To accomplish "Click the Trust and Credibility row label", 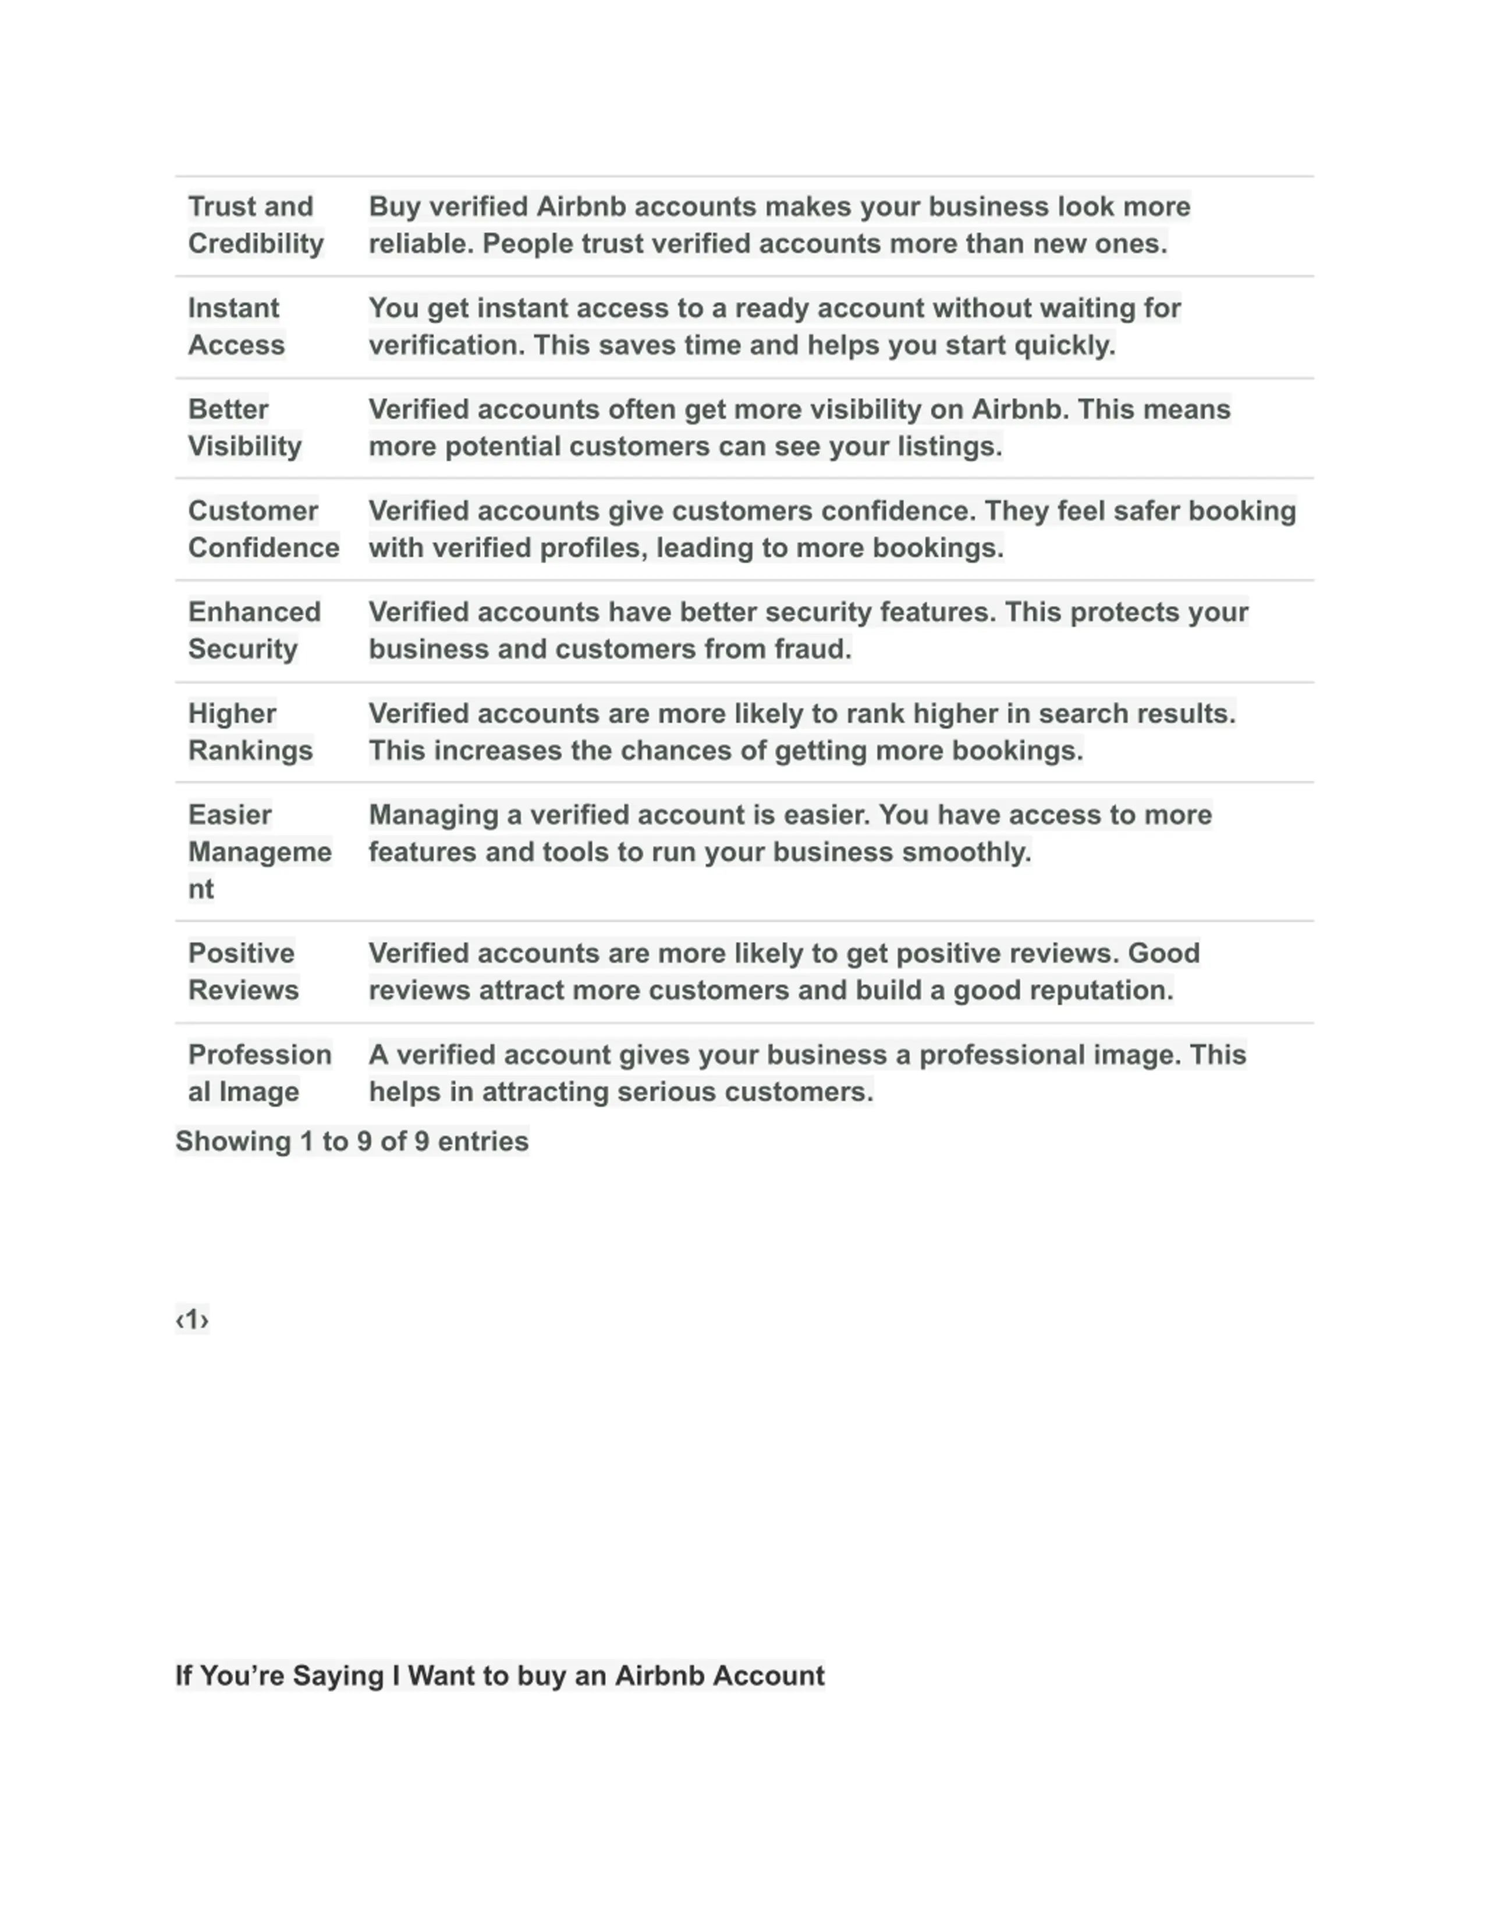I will (255, 225).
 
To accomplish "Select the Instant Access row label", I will (236, 326).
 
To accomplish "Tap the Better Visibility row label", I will (244, 428).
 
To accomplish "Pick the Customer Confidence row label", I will (263, 529).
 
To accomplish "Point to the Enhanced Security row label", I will (254, 631).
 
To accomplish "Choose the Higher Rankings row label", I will (250, 732).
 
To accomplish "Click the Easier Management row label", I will (260, 852).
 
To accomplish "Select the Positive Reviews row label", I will (243, 971).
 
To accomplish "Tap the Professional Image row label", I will (260, 1073).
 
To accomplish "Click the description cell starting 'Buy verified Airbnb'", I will (779, 225).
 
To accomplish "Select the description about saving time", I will (774, 326).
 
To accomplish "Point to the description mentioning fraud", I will (808, 631).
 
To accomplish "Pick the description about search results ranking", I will (801, 732).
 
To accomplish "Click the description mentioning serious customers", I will (807, 1073).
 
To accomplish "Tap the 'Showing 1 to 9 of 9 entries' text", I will (352, 1142).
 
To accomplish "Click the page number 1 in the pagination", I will (193, 1320).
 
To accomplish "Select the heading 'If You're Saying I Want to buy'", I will (499, 1676).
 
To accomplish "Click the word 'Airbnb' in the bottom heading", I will (658, 1676).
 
